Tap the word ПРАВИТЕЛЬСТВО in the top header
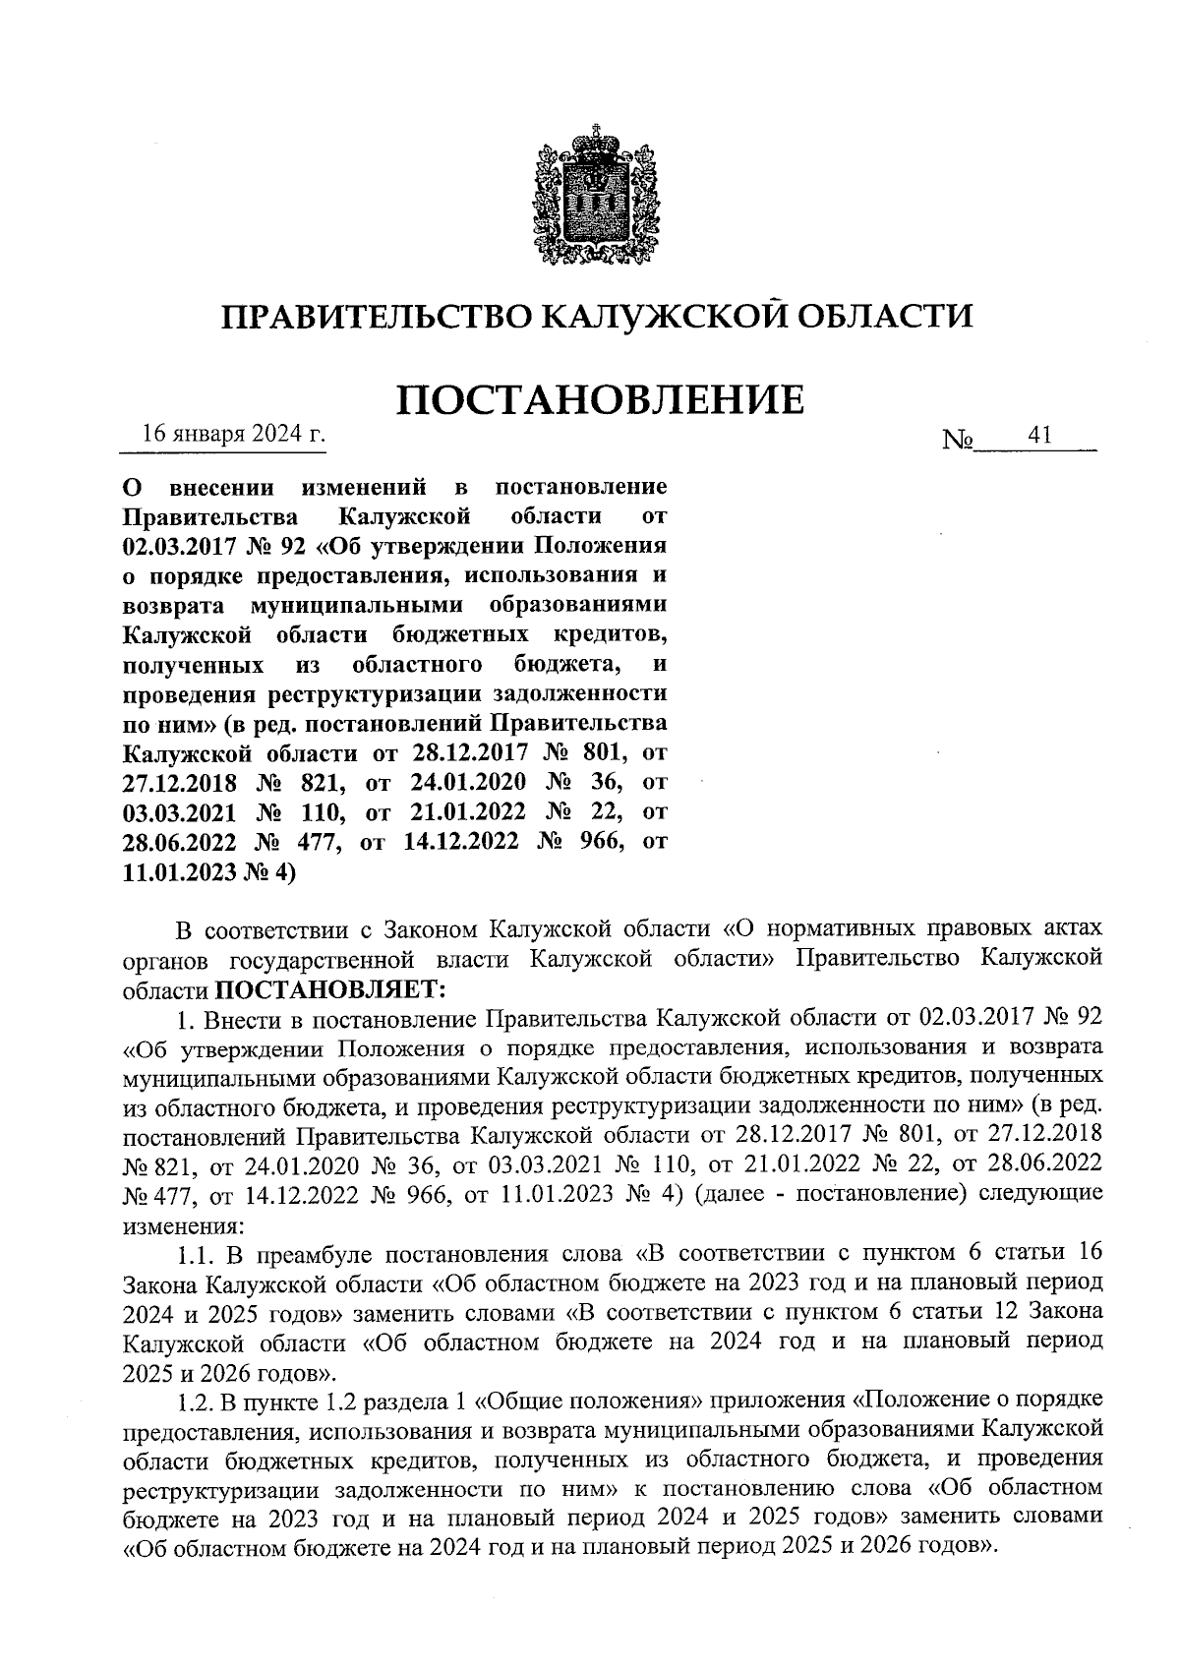tap(373, 316)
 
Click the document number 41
tap(1039, 435)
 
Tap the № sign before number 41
tap(957, 438)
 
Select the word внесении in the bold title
tap(215, 487)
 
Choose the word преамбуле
tap(315, 1254)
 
